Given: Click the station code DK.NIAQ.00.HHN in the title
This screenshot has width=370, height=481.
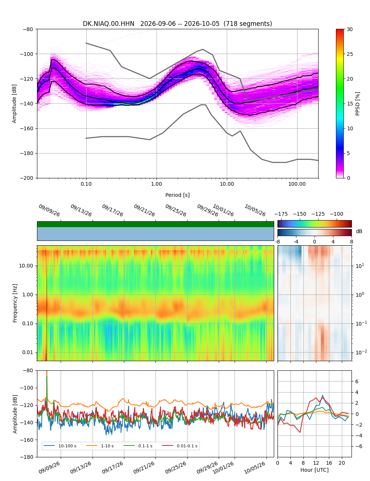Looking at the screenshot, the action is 108,24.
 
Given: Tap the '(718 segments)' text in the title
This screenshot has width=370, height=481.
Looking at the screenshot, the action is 248,24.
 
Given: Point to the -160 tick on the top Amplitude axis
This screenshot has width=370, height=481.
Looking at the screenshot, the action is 27,128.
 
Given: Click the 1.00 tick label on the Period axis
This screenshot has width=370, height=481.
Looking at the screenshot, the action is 157,184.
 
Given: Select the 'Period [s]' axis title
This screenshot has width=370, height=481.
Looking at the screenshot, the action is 178,195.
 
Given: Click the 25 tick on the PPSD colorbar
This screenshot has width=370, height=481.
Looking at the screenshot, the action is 350,54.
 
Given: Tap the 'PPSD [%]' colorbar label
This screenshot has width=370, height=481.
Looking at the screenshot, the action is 357,104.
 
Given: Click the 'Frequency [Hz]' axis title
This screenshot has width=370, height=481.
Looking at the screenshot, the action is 15,303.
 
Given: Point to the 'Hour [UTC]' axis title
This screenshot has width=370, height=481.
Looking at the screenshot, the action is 314,470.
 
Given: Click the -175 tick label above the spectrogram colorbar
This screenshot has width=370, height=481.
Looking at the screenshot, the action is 281,214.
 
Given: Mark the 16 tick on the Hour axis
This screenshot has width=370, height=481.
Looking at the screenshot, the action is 329,462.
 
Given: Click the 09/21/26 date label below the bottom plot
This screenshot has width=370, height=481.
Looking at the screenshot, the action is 144,467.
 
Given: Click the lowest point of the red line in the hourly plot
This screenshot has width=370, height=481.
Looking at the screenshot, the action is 300,432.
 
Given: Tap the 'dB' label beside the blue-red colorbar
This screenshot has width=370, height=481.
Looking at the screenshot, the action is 359,232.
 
